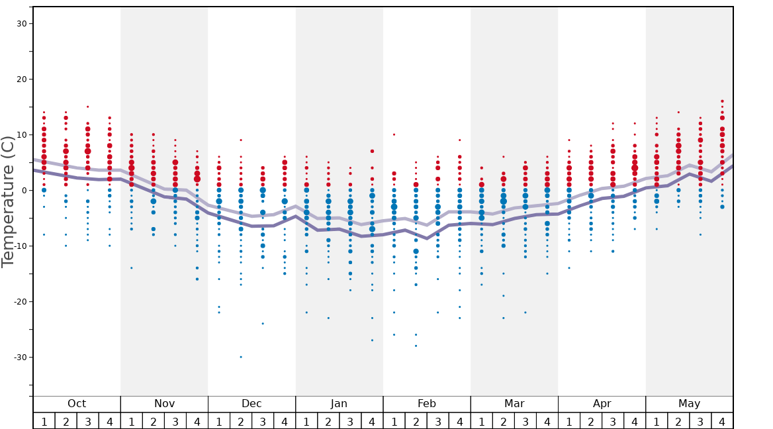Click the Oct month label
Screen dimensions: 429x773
[x=77, y=404]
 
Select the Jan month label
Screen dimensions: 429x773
[x=339, y=404]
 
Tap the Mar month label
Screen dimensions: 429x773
[x=514, y=404]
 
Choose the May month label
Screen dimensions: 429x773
[x=689, y=404]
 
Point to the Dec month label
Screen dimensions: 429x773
[x=251, y=404]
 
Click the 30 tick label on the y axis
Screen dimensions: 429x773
[x=21, y=24]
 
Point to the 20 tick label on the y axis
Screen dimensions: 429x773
[x=21, y=79]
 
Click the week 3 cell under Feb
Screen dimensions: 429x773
[x=437, y=421]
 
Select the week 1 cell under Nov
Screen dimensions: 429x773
[x=131, y=421]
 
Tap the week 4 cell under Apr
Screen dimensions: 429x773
[x=635, y=421]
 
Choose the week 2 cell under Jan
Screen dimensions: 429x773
[x=328, y=421]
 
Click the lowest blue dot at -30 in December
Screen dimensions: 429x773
[x=241, y=357]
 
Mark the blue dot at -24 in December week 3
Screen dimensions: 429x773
[x=263, y=324]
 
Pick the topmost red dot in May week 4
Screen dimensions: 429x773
[x=722, y=101]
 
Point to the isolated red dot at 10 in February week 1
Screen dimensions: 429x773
[x=394, y=134]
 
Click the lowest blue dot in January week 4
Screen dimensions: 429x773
[x=372, y=340]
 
